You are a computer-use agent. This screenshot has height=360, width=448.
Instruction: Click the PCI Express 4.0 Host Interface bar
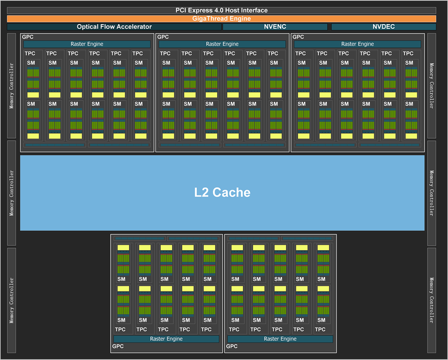pyautogui.click(x=221, y=11)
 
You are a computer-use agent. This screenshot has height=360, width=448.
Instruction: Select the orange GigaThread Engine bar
pyautogui.click(x=221, y=19)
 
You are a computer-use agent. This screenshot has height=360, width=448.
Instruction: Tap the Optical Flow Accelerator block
pyautogui.click(x=114, y=27)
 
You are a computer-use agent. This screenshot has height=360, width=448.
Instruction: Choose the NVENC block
pyautogui.click(x=275, y=27)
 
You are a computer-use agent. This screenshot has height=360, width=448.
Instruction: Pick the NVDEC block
pyautogui.click(x=384, y=27)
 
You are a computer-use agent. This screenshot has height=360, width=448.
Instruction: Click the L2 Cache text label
pyautogui.click(x=223, y=193)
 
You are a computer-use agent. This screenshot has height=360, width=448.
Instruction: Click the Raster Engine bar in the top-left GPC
pyautogui.click(x=87, y=44)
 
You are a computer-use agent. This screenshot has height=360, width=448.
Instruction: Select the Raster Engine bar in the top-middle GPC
pyautogui.click(x=222, y=44)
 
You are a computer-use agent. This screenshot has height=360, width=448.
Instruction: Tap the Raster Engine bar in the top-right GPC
pyautogui.click(x=357, y=44)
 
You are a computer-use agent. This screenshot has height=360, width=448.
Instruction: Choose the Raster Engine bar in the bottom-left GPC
pyautogui.click(x=166, y=339)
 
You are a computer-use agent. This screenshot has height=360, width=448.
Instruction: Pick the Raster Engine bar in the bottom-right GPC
pyautogui.click(x=280, y=339)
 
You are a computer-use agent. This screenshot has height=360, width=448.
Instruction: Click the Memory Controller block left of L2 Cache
pyautogui.click(x=11, y=193)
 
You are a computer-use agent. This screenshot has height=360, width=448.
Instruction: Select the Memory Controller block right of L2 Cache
pyautogui.click(x=431, y=193)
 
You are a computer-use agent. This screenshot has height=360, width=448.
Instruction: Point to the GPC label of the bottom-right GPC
pyautogui.click(x=231, y=346)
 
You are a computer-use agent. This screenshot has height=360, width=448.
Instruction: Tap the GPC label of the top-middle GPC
pyautogui.click(x=163, y=37)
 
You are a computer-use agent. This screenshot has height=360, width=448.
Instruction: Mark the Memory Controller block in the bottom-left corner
pyautogui.click(x=11, y=301)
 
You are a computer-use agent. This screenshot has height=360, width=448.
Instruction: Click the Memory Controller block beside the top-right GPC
pyautogui.click(x=431, y=86)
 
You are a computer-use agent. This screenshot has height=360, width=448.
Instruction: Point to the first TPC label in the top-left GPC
pyautogui.click(x=30, y=53)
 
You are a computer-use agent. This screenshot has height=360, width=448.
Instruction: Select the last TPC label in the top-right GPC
pyautogui.click(x=408, y=53)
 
